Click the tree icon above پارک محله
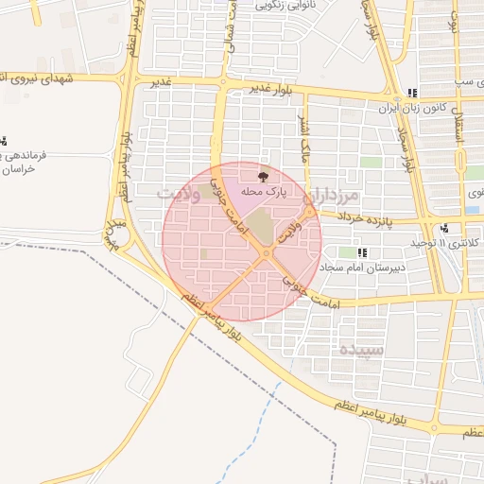pos(263,176)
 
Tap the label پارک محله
pos(263,192)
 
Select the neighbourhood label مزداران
pos(333,197)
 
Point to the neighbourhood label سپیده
pos(361,349)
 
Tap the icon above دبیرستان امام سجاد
pos(362,252)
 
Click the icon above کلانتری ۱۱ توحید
pos(443,228)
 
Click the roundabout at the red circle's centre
pos(267,253)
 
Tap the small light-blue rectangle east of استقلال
pos(472,209)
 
